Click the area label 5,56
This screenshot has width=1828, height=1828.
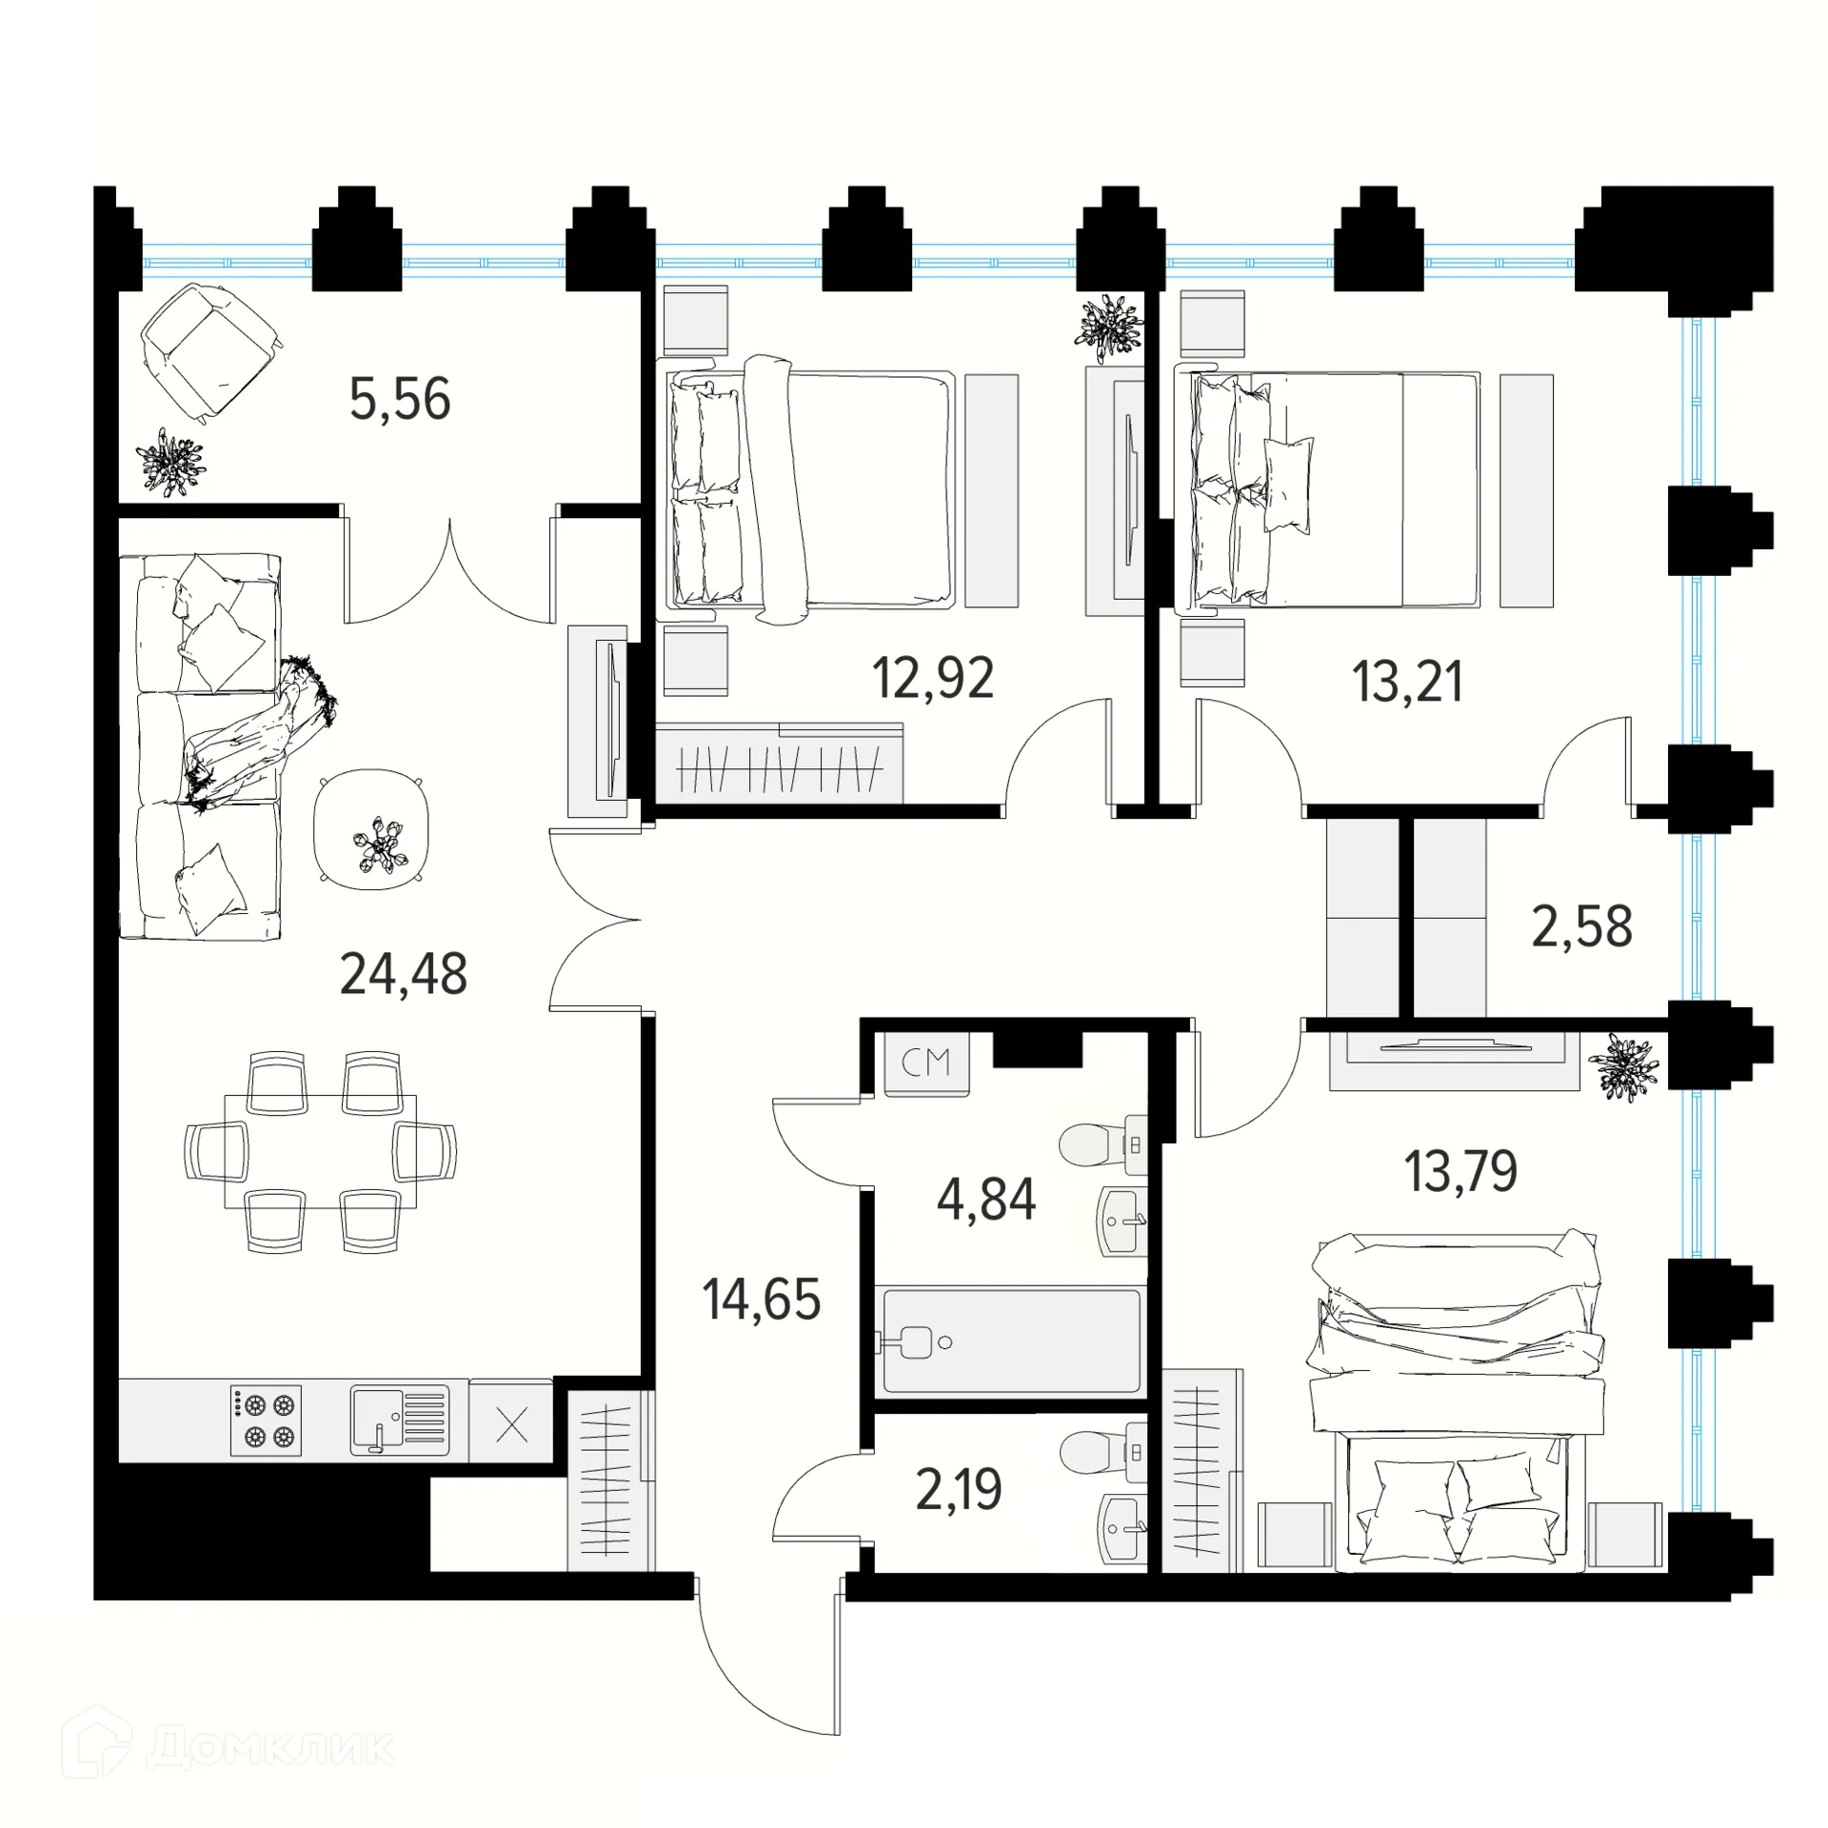tap(400, 400)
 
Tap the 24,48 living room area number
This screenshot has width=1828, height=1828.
tap(404, 974)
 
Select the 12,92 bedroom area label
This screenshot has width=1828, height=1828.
tap(933, 678)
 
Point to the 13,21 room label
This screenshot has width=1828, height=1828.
tap(1407, 682)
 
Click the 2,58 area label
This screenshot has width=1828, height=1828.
tap(1582, 926)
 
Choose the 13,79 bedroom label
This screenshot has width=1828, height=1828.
tap(1461, 1171)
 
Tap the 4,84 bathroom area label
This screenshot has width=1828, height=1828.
tap(986, 1200)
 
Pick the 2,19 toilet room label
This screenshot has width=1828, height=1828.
tap(959, 1490)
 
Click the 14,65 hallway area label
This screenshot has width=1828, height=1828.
tap(762, 1300)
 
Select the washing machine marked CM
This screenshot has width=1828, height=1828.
tap(927, 1062)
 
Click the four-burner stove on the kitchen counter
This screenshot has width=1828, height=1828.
tap(266, 1421)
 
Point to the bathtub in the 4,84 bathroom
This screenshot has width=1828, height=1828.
tap(1011, 1341)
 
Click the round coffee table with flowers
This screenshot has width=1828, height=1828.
tap(371, 830)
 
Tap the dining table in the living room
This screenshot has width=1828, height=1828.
tap(320, 1152)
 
